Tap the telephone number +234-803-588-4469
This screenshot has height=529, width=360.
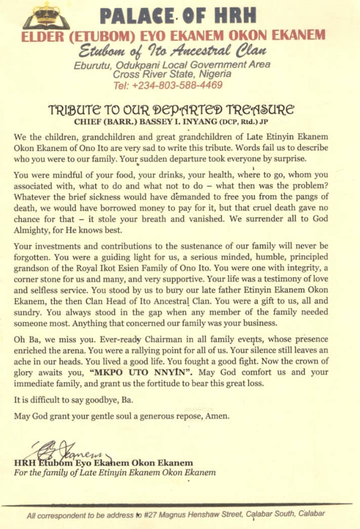(x=168, y=85)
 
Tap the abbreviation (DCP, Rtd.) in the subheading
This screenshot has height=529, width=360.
(x=239, y=123)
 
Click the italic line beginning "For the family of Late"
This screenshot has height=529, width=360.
(x=115, y=472)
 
